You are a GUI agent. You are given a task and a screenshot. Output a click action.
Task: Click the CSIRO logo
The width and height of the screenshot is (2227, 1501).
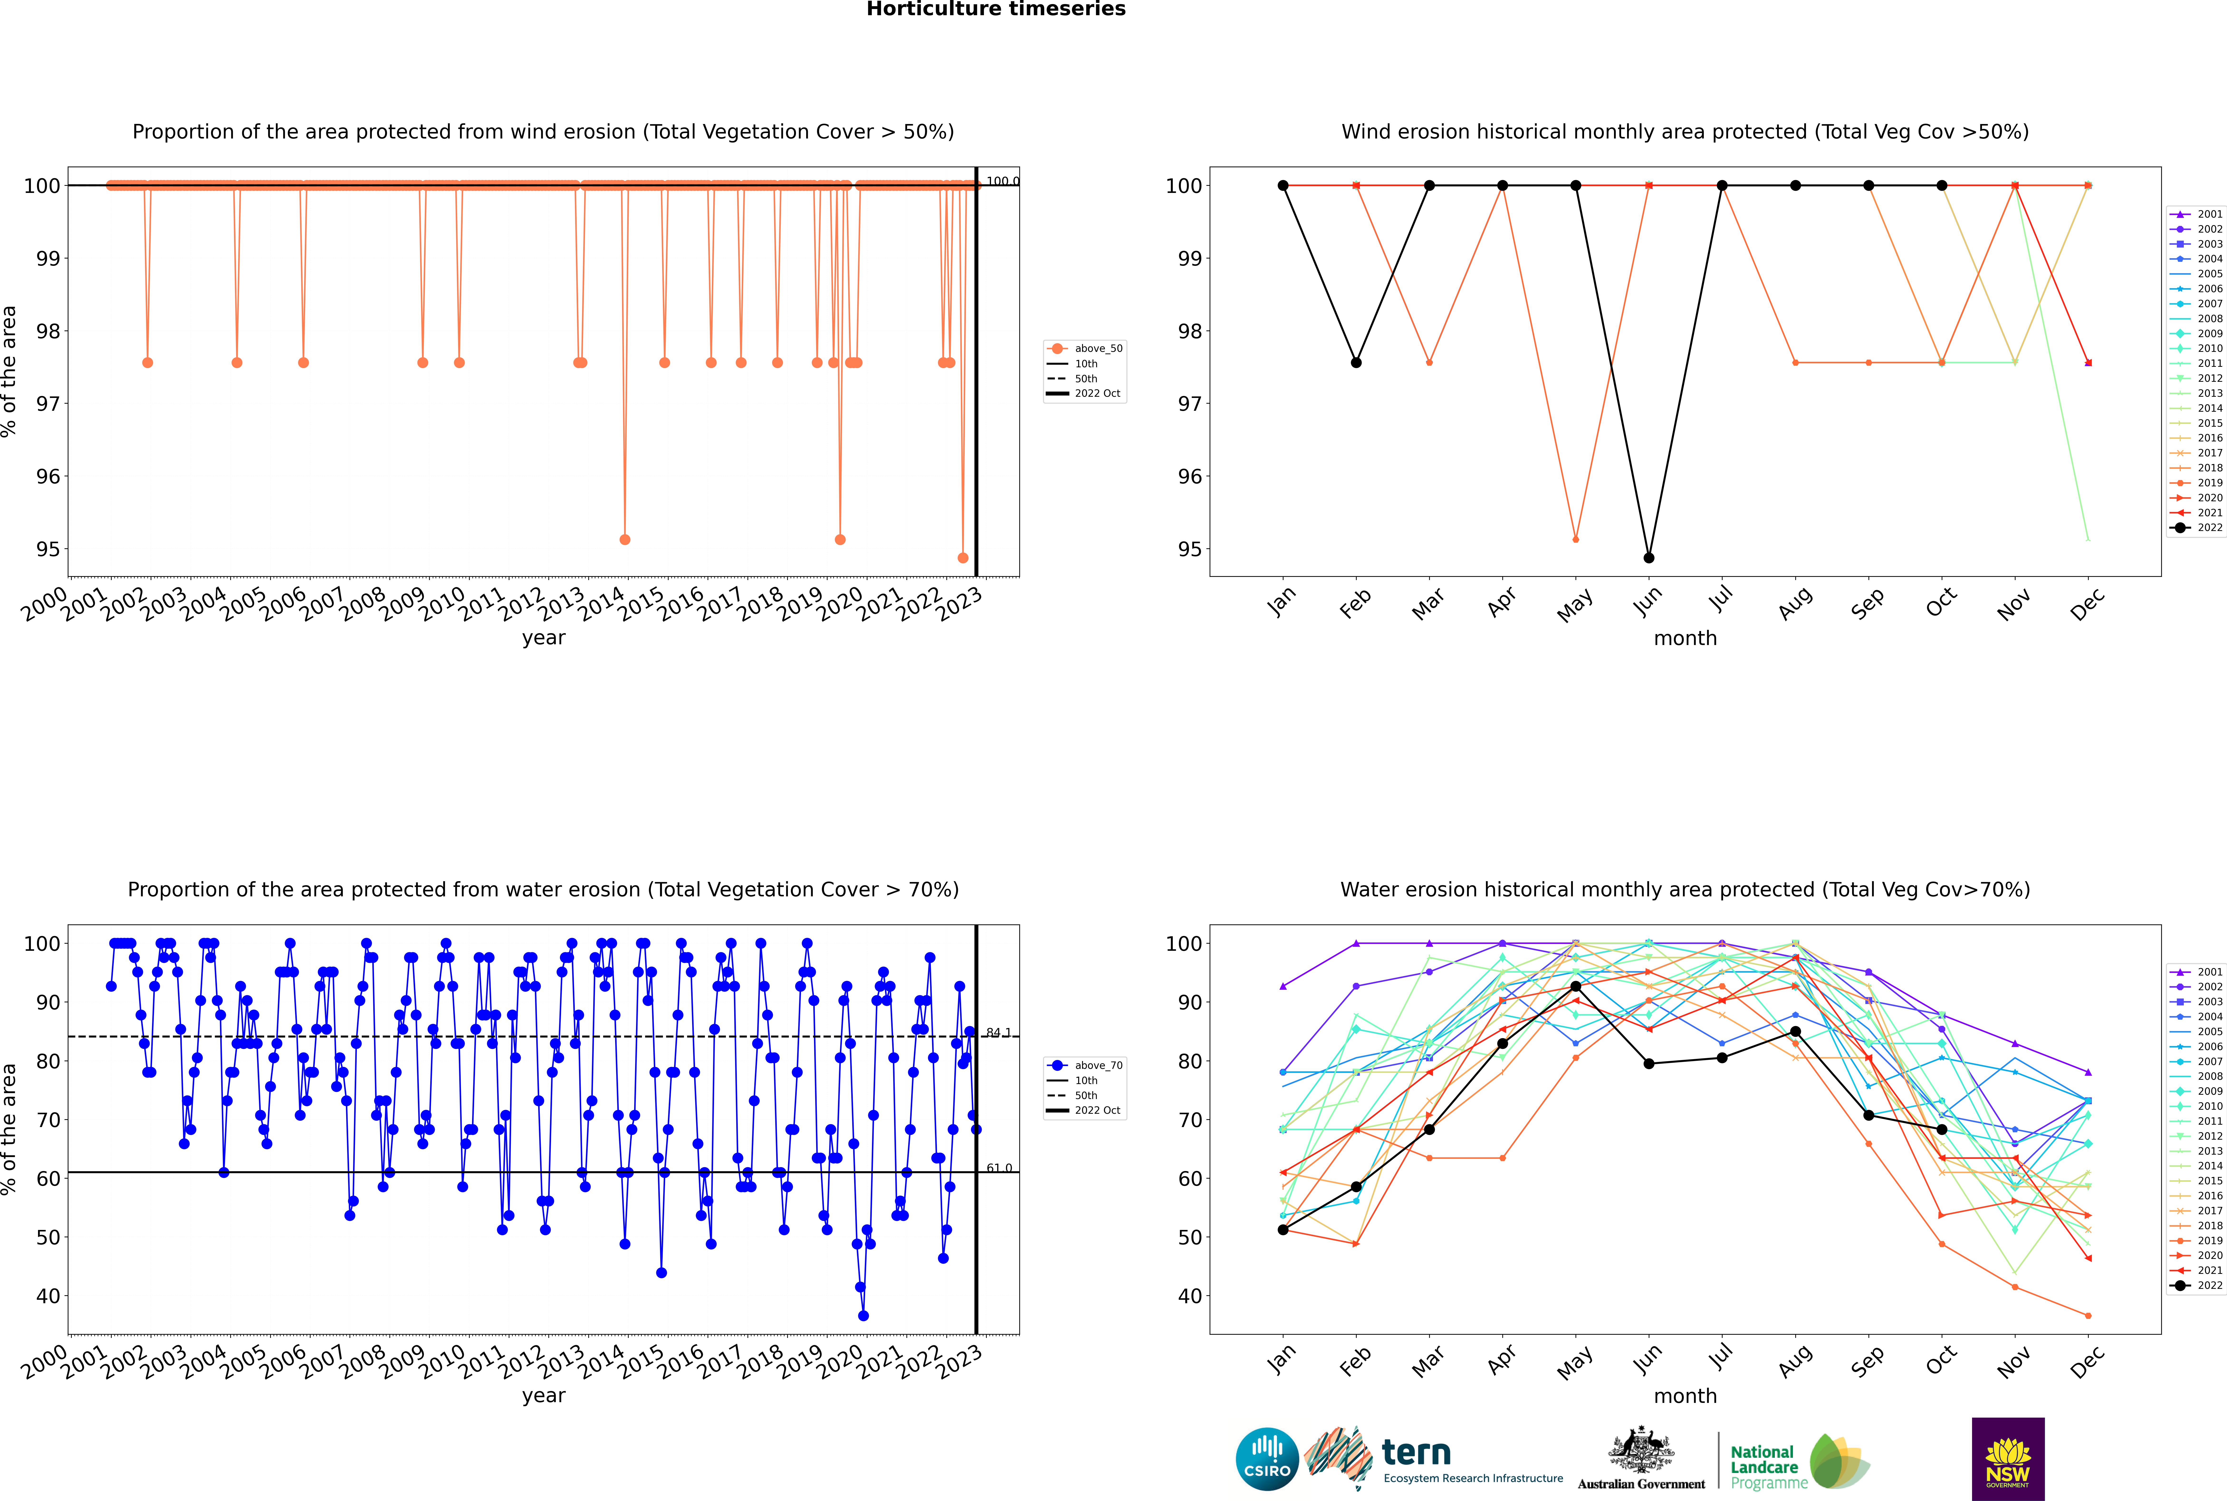click(x=1267, y=1459)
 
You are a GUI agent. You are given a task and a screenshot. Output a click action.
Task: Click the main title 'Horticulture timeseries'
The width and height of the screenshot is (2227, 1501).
click(x=996, y=10)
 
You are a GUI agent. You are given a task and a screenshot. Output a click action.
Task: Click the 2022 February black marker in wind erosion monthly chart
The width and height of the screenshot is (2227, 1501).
click(x=1356, y=363)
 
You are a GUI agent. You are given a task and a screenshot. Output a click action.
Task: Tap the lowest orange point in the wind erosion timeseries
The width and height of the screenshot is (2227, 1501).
click(x=963, y=558)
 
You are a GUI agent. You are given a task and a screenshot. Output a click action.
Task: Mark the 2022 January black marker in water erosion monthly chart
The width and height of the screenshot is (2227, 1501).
click(x=1283, y=1230)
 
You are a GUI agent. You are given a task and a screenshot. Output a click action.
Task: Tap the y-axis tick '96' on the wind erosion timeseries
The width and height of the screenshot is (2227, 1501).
click(x=48, y=477)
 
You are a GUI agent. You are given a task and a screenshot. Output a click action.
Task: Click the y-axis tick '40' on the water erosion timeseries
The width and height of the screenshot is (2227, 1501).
click(x=48, y=1296)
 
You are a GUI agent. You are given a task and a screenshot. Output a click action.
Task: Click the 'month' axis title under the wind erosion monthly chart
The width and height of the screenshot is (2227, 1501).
click(x=1685, y=639)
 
